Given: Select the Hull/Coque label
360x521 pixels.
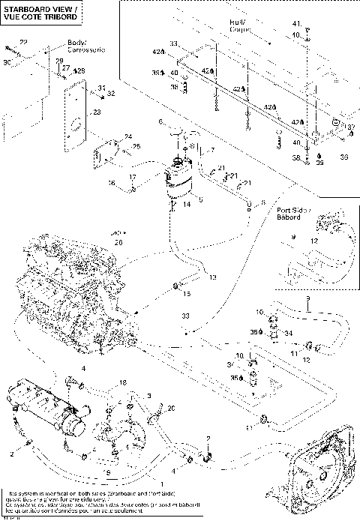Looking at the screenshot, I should pos(241,27).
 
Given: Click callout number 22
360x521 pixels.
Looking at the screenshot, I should pos(23,43).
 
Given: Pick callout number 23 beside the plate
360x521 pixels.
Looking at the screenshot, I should pos(96,113).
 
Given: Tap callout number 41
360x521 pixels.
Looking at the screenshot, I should pos(295,24).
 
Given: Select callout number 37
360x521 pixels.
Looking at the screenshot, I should pos(350,127).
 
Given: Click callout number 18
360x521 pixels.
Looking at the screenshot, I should pos(122,383).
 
